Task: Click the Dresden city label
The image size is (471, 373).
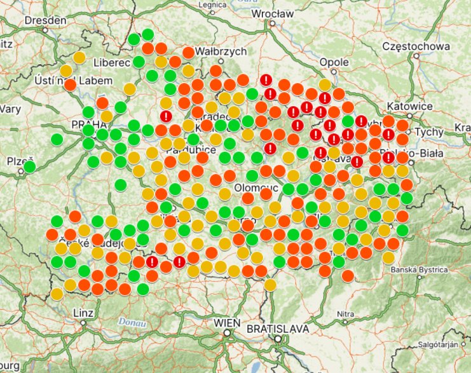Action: [x=46, y=20]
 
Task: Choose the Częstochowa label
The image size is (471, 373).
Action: [x=416, y=47]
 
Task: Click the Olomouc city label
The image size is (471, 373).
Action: [x=253, y=188]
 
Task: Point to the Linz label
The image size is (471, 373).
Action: [x=84, y=313]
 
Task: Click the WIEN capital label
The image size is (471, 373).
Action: [x=228, y=322]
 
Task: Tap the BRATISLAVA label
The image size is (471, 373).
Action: [x=278, y=329]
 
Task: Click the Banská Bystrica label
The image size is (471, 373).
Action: [x=420, y=269]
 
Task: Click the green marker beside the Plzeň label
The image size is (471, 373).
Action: [x=29, y=167]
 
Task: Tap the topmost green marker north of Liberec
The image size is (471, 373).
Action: [x=147, y=34]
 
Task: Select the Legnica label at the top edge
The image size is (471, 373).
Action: [x=212, y=4]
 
